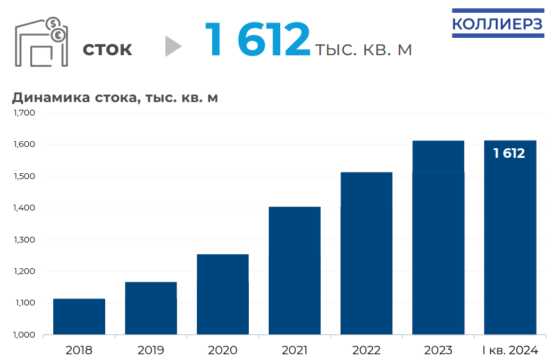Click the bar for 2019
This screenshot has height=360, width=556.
point(151,308)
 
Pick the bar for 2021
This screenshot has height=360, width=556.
point(294,270)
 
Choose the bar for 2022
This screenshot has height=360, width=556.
point(366,253)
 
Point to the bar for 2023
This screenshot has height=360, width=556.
point(438,237)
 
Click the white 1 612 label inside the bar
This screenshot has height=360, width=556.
point(509,153)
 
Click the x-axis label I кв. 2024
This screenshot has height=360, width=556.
point(509,350)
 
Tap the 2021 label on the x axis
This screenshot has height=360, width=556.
point(294,350)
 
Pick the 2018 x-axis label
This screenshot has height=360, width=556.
point(79,350)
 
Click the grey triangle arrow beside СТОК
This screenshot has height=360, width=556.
point(173,46)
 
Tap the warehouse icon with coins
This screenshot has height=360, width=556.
point(40,41)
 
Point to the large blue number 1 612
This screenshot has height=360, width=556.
point(257,40)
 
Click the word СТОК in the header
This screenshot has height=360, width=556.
point(107,49)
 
